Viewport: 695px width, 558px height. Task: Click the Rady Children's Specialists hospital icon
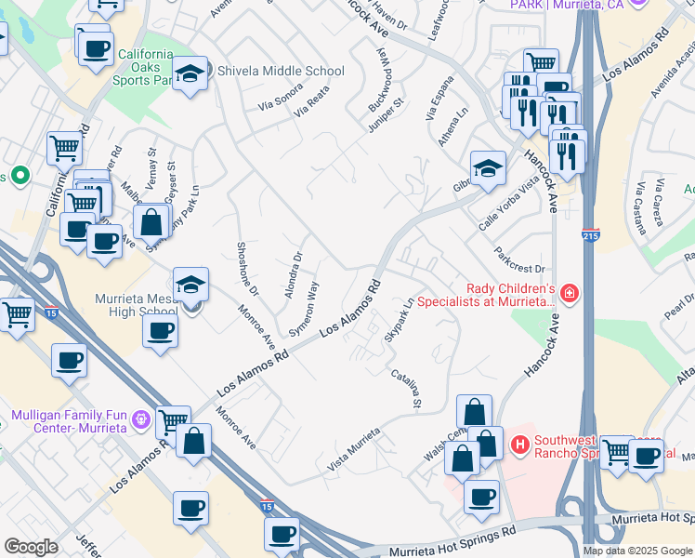pyautogui.click(x=569, y=295)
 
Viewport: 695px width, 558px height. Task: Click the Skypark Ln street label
pyautogui.click(x=398, y=319)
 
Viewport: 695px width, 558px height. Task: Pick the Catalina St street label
pyautogui.click(x=407, y=390)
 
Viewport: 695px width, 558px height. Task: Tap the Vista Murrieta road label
pyautogui.click(x=354, y=448)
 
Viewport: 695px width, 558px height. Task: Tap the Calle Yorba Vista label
pyautogui.click(x=508, y=204)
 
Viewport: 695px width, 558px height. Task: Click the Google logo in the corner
pyautogui.click(x=31, y=546)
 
